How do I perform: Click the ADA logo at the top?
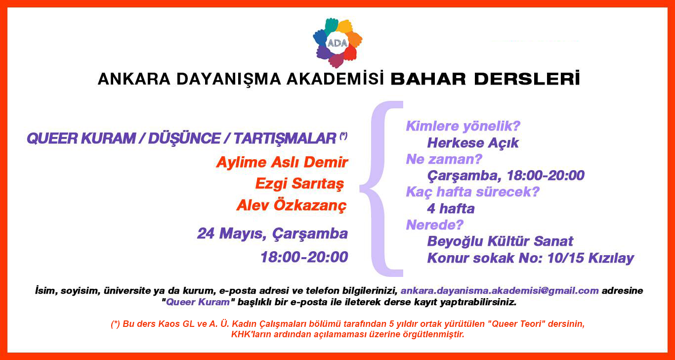[338, 43]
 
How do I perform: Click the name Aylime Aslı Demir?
[282, 162]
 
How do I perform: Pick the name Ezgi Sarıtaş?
[299, 183]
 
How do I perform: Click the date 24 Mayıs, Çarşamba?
[272, 233]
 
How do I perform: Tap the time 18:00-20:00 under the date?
[304, 257]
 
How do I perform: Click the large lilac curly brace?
[381, 188]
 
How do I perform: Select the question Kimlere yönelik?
[463, 127]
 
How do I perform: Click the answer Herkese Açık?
[473, 143]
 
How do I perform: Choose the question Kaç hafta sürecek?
[472, 192]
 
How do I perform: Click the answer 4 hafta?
[451, 209]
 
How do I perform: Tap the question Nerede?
[435, 225]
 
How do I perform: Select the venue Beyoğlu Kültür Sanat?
[500, 241]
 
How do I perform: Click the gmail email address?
[500, 291]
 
